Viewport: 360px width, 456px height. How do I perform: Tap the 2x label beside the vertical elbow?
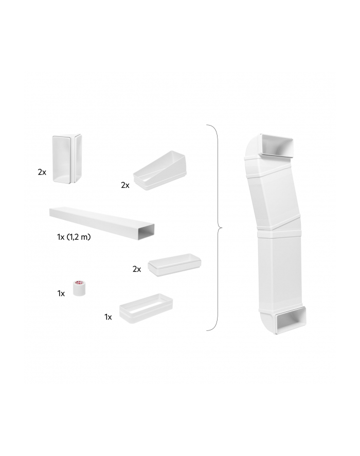pyautogui.click(x=42, y=172)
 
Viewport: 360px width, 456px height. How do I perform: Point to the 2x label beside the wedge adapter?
pyautogui.click(x=125, y=185)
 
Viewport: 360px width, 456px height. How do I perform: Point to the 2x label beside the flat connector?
pyautogui.click(x=137, y=269)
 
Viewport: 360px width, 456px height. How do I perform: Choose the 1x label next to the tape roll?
pyautogui.click(x=61, y=293)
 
